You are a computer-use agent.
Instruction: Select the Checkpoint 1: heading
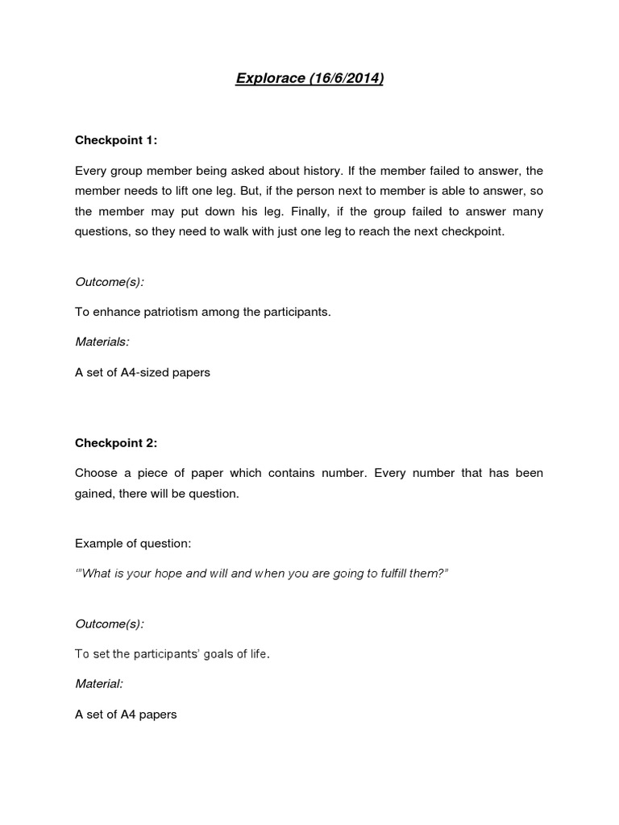(116, 140)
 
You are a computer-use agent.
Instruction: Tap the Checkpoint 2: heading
(116, 442)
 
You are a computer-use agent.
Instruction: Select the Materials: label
(102, 342)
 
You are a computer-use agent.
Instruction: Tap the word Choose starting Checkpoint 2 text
(96, 473)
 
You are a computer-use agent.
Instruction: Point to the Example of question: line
(133, 543)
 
